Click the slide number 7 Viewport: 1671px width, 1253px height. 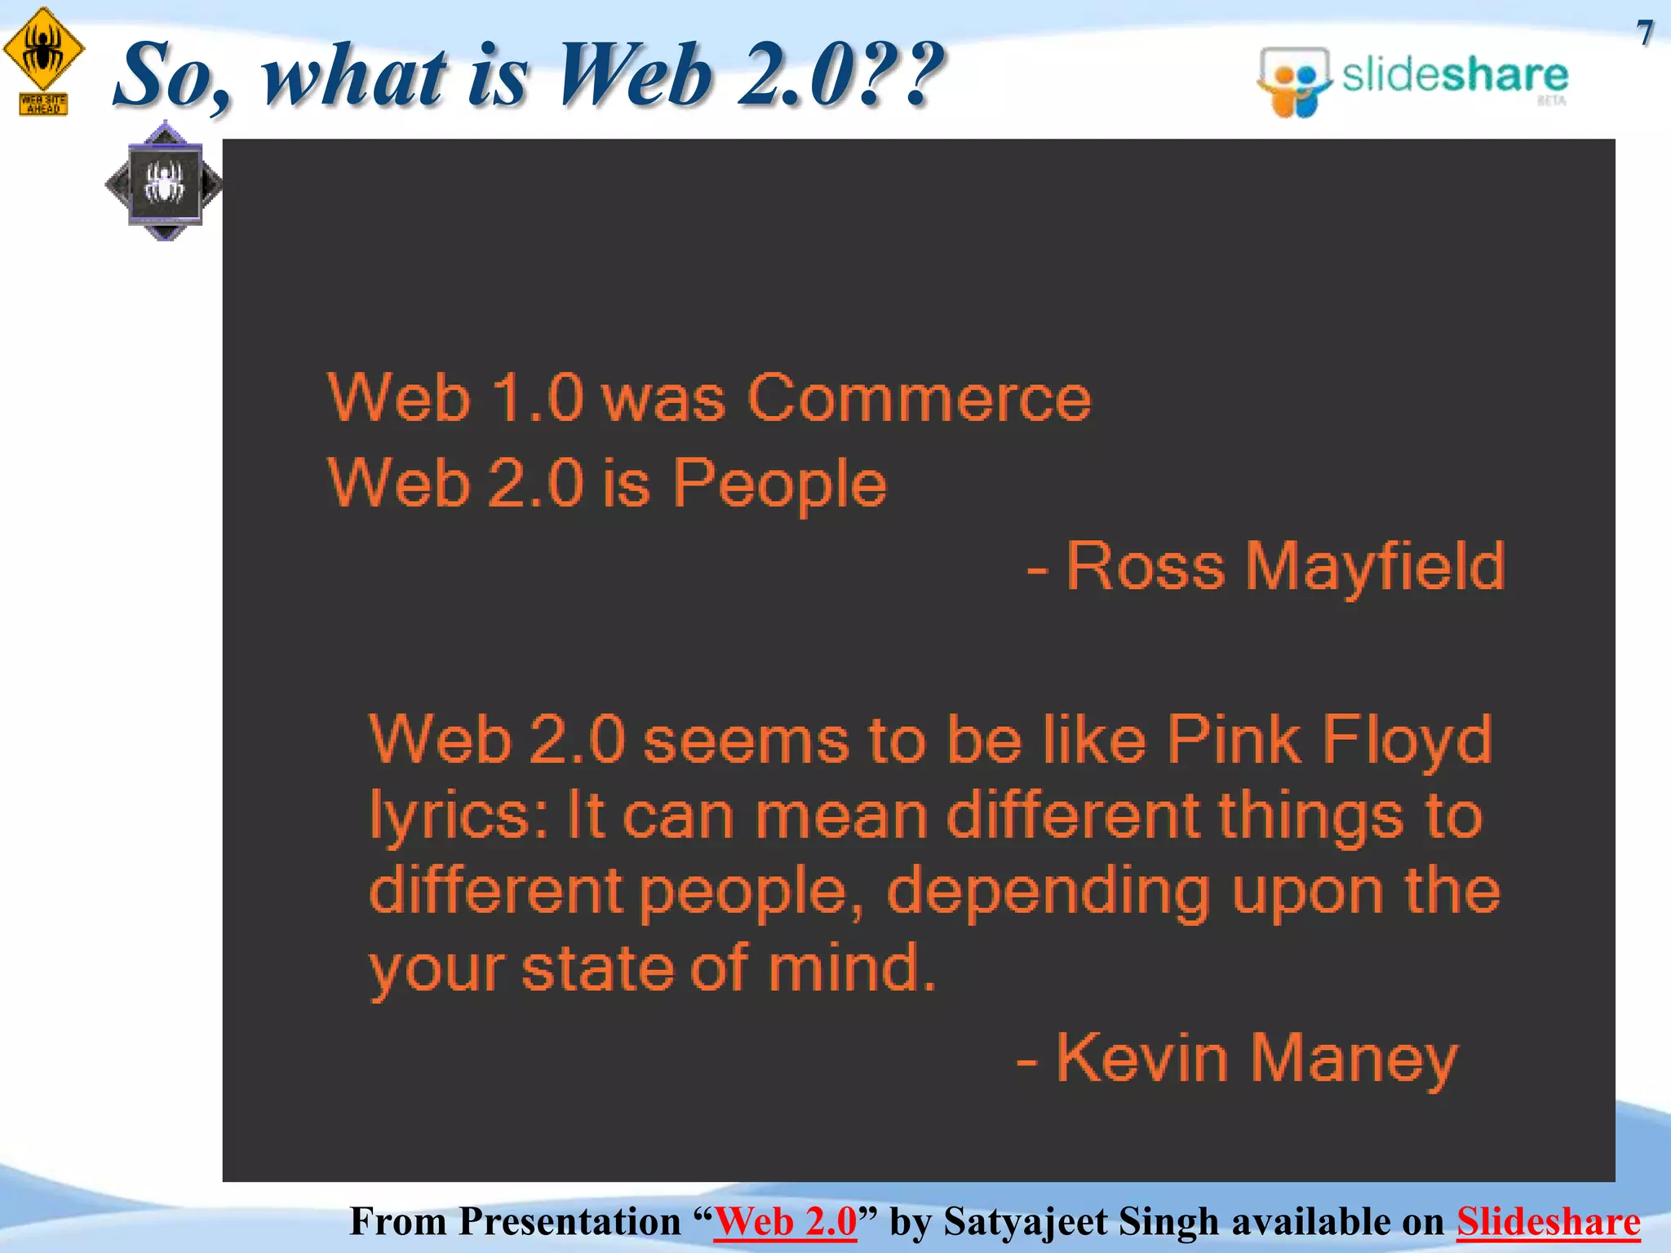click(1645, 33)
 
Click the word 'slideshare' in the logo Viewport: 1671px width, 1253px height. click(1455, 76)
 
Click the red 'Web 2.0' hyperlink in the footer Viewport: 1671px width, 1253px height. click(785, 1222)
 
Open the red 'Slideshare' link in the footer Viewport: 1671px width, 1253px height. click(1548, 1222)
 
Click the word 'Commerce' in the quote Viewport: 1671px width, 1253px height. click(919, 399)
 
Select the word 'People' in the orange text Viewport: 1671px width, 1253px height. click(779, 483)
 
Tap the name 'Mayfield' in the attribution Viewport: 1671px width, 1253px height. click(1375, 566)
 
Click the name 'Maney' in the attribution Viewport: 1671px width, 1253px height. click(1354, 1058)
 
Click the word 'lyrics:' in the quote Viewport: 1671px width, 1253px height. click(461, 817)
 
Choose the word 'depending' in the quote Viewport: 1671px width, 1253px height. click(1048, 892)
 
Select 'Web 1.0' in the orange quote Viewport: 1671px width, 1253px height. click(456, 399)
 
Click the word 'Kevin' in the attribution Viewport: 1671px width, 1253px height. click(1142, 1058)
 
